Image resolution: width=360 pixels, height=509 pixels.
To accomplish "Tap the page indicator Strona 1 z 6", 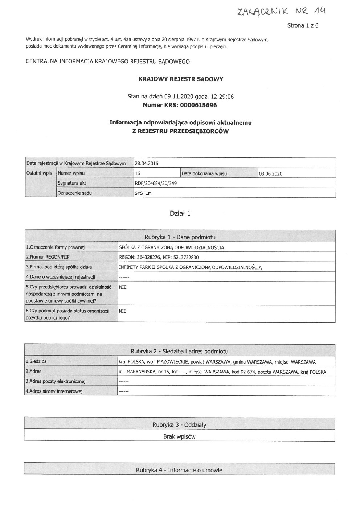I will [x=303, y=26].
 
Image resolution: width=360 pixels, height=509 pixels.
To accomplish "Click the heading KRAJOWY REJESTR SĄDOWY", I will [x=181, y=79].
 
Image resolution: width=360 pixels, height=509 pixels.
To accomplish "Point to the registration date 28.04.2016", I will [x=147, y=163].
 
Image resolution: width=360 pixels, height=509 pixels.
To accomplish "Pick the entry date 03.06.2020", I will [x=271, y=173].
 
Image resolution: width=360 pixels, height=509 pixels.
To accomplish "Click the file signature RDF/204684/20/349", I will [x=156, y=183].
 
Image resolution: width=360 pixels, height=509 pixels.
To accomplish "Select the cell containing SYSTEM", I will [x=143, y=193].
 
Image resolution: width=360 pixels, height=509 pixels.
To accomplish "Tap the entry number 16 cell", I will [x=138, y=173].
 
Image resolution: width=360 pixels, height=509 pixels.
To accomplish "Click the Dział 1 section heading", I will [x=180, y=213].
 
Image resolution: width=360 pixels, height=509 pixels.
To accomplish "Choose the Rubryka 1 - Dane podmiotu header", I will [x=180, y=237].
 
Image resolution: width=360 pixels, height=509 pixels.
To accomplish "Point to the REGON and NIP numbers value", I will [x=159, y=257].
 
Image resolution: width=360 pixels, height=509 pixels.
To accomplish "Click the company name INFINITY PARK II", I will [x=191, y=267].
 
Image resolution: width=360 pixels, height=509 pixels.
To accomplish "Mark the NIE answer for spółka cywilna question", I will [x=123, y=287].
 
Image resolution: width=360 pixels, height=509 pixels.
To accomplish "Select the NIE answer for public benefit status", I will [x=123, y=311].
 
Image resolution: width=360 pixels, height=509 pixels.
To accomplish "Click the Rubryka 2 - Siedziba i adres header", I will [x=179, y=351].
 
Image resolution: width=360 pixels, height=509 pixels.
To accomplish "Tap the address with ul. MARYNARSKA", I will [x=222, y=372].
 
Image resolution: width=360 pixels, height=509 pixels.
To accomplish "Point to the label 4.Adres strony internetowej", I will [x=54, y=391].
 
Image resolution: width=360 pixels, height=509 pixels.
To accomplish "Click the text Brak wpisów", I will [x=179, y=436].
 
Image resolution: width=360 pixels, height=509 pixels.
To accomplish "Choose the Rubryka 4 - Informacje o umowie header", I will [x=179, y=470].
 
